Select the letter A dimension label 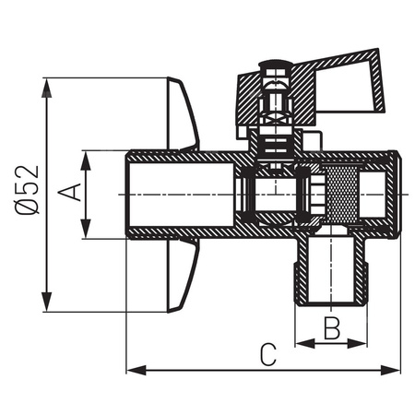pyautogui.click(x=68, y=194)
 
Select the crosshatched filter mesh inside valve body pyautogui.click(x=340, y=196)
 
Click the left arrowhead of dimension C pyautogui.click(x=132, y=370)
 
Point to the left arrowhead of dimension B pyautogui.click(x=301, y=343)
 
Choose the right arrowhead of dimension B pyautogui.click(x=362, y=343)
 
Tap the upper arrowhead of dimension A pyautogui.click(x=87, y=156)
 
